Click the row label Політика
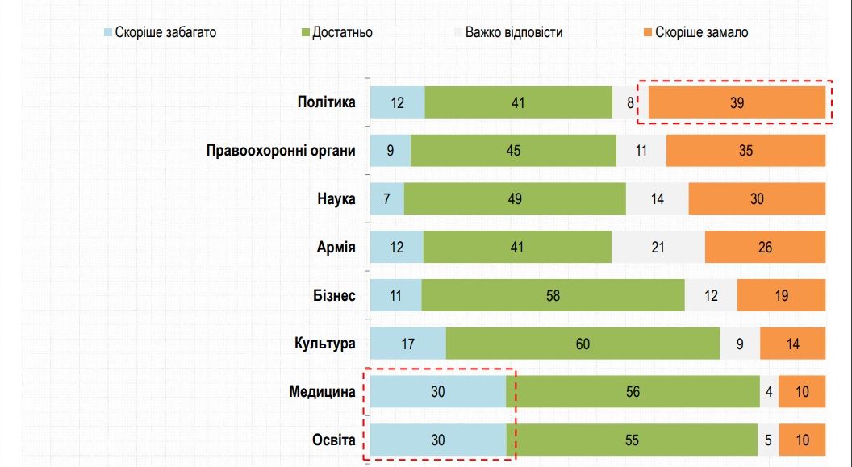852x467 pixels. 326,102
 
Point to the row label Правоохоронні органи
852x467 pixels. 281,151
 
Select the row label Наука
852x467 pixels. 336,199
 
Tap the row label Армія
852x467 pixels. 336,247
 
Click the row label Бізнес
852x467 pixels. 334,295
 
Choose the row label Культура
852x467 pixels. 324,344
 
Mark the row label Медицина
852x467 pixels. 322,392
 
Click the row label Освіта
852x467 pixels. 333,440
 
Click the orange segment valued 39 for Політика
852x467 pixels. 736,102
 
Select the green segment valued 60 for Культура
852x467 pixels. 583,344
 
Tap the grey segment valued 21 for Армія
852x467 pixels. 658,247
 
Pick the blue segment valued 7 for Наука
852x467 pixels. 386,199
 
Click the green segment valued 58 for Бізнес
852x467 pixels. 553,295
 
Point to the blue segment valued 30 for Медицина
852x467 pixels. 438,392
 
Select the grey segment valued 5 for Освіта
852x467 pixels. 768,440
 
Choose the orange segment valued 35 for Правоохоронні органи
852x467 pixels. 745,151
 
